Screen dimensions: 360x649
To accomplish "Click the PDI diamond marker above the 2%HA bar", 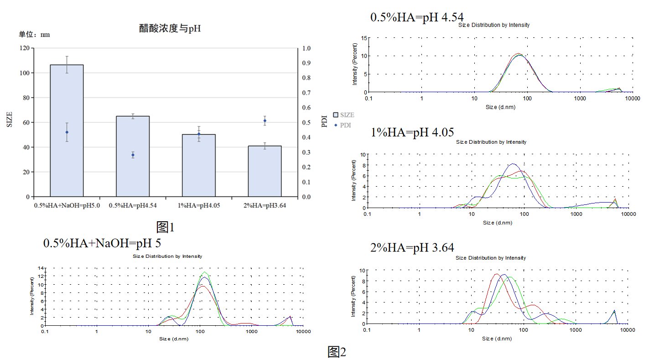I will (x=265, y=121).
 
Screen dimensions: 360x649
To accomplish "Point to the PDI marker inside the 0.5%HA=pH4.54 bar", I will (x=133, y=155).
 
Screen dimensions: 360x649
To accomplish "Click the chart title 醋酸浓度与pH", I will (x=170, y=28).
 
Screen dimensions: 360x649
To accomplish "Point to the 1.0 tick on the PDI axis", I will (x=306, y=48).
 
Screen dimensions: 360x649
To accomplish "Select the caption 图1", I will (x=165, y=227).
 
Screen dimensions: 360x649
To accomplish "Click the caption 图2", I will (x=337, y=352).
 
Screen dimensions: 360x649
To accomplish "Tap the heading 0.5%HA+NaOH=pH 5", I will (x=102, y=243).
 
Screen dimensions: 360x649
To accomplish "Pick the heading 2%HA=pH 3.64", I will (x=412, y=248).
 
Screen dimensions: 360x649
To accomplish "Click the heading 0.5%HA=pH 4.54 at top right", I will (x=417, y=17).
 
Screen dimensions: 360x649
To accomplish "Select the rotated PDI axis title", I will (x=325, y=121).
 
